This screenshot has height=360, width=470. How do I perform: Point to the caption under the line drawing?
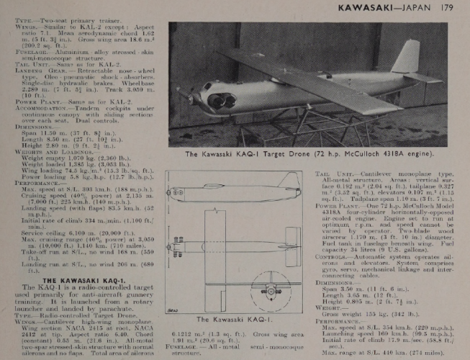pos(235,340)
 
